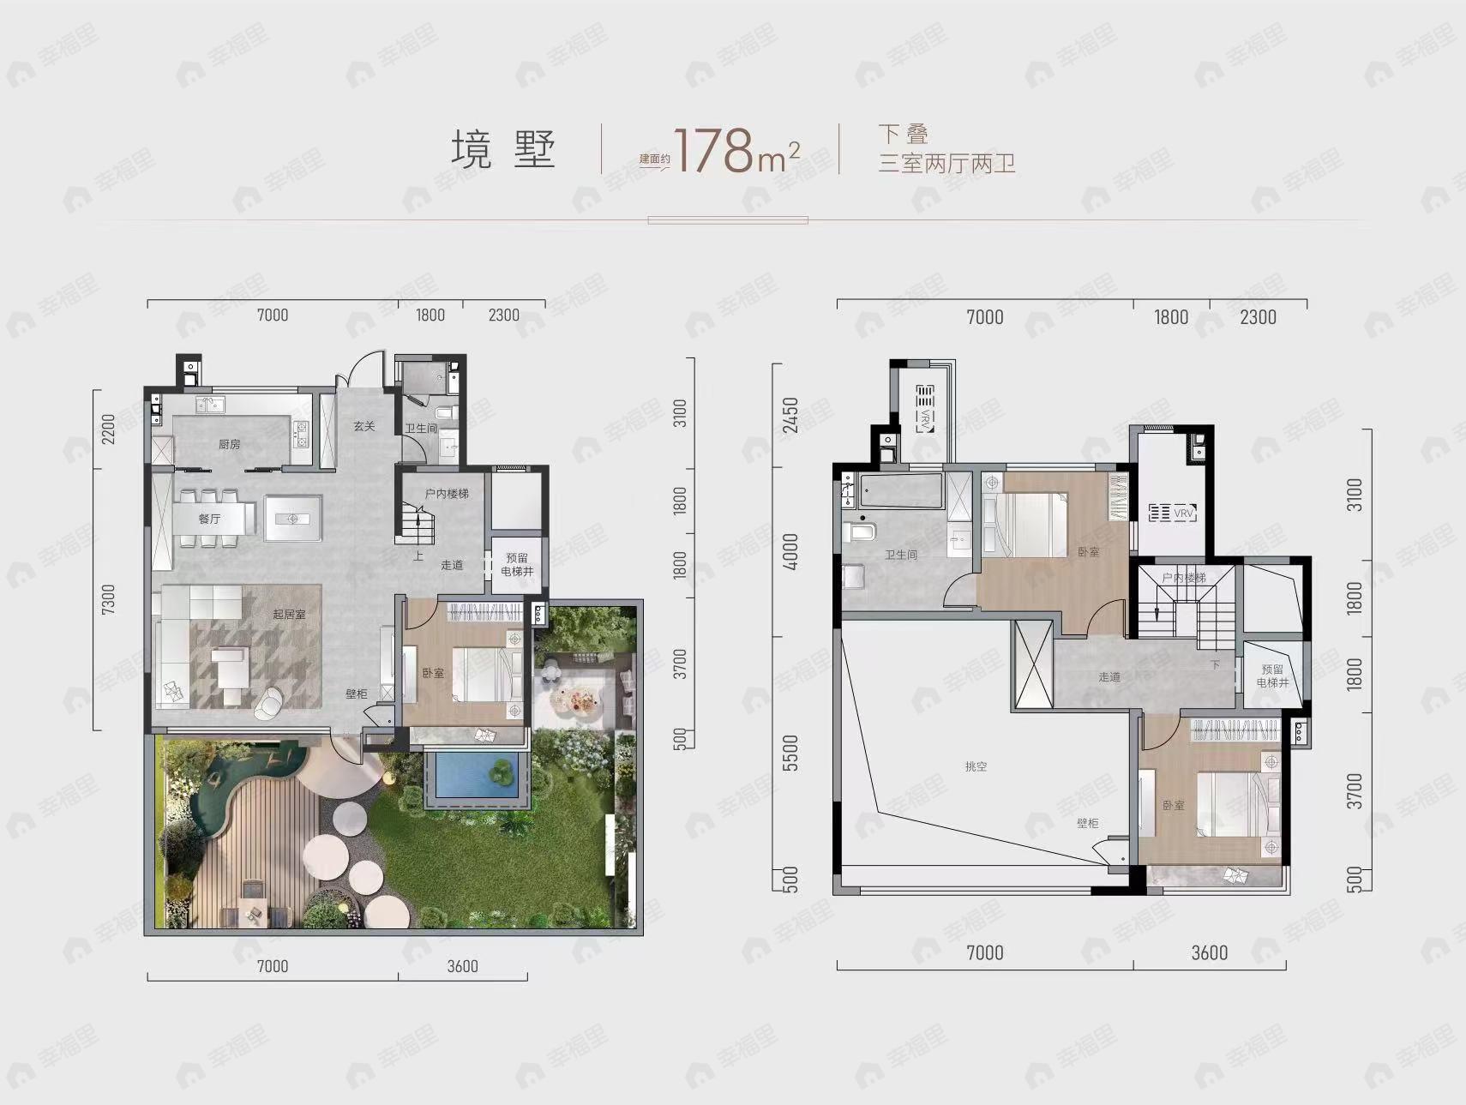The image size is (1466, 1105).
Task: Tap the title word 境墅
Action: pos(503,150)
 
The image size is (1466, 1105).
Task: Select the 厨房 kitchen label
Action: pos(228,444)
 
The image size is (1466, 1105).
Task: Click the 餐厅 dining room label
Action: pos(209,519)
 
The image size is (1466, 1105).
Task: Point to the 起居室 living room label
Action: pos(289,614)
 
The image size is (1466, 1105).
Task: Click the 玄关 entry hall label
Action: pos(364,426)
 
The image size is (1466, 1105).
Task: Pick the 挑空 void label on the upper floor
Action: pos(976,766)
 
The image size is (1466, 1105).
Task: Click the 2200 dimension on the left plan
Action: pos(108,428)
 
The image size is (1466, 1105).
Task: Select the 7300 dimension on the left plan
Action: pos(108,599)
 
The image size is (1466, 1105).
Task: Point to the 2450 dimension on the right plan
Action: pos(790,415)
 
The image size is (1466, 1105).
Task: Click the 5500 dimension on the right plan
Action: pos(790,752)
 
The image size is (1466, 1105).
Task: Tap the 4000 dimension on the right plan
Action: pos(790,551)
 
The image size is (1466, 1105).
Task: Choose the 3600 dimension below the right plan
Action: pos(1209,952)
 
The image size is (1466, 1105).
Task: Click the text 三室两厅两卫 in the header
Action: pos(946,163)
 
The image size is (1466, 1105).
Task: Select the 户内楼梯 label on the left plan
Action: pos(447,494)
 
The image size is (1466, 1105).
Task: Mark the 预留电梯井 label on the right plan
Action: pos(1272,676)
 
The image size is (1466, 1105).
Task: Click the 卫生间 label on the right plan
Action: pos(901,555)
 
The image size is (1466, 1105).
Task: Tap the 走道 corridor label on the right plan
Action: pos(1109,676)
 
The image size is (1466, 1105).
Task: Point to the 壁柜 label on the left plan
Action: pos(357,694)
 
